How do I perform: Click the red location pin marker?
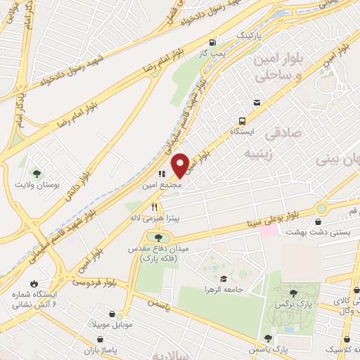pyautogui.click(x=180, y=165)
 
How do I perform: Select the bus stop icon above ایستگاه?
pyautogui.click(x=242, y=120)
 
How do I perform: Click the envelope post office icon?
pyautogui.click(x=257, y=103)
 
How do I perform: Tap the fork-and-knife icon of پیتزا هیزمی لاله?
pyautogui.click(x=155, y=206)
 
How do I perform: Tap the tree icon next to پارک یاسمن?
pyautogui.click(x=267, y=338)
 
